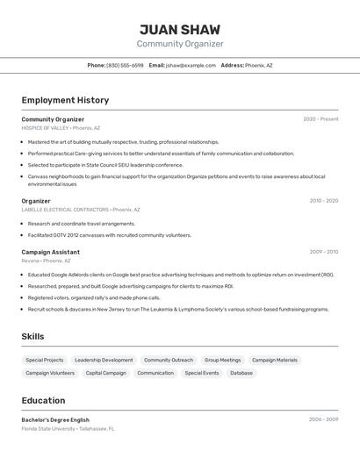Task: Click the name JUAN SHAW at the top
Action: point(180,29)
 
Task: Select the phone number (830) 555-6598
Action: point(125,65)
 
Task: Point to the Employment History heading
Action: point(65,100)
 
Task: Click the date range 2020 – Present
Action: point(320,119)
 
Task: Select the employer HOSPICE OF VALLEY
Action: point(45,128)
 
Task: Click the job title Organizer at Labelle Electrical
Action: point(36,201)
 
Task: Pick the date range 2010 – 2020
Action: point(323,201)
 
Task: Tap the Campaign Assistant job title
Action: point(51,252)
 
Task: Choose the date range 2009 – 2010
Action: point(323,252)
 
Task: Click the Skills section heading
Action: point(32,336)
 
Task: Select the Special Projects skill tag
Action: point(45,360)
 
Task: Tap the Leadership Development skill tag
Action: point(104,360)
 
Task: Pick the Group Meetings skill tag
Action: point(222,360)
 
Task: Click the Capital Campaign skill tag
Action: point(106,373)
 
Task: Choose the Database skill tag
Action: point(241,373)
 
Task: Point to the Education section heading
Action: point(43,400)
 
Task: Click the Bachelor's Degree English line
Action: point(55,420)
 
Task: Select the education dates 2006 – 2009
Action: point(323,420)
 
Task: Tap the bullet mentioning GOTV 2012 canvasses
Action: point(109,235)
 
